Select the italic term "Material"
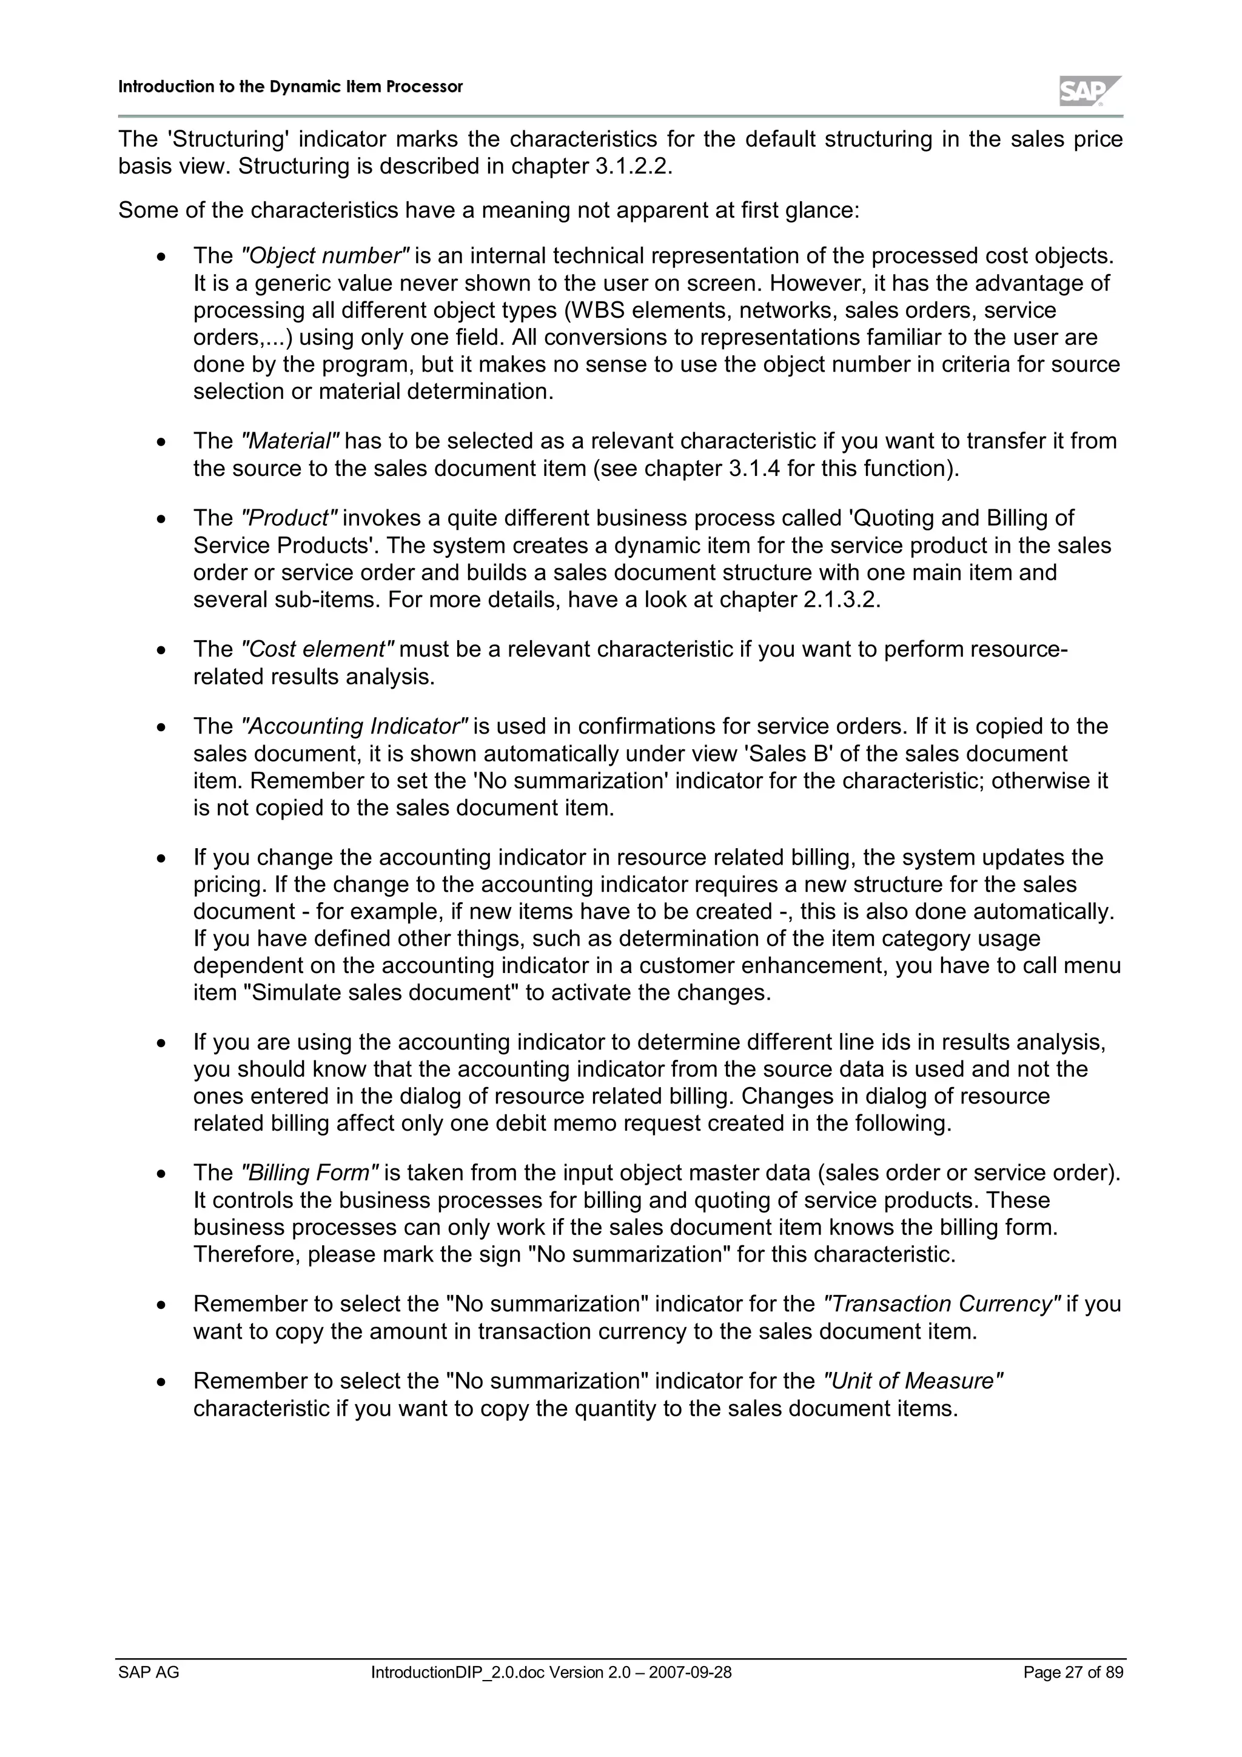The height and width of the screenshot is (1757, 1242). coord(290,441)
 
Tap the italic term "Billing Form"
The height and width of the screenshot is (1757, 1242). coord(309,1173)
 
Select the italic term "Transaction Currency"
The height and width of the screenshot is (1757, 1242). coord(941,1304)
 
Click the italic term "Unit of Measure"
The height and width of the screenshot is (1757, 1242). coord(912,1380)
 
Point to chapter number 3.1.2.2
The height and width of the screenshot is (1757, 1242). coord(632,166)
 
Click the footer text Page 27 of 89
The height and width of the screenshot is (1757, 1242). coord(1073,1672)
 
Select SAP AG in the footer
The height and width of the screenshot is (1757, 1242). coord(149,1672)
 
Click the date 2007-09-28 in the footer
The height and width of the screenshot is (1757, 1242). coord(690,1672)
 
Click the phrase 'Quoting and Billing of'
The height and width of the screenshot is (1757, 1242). coord(962,518)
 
